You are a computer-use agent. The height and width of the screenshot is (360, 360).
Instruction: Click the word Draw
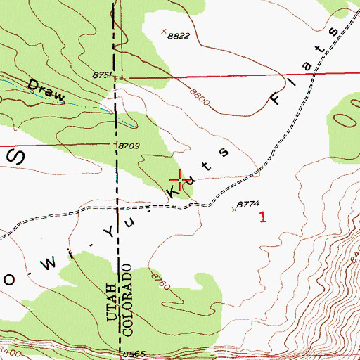tap(46, 90)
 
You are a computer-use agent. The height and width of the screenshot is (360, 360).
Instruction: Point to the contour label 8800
tap(200, 96)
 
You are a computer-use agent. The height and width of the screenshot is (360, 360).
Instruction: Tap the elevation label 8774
tap(248, 204)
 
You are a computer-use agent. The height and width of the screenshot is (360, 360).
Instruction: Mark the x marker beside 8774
tap(235, 209)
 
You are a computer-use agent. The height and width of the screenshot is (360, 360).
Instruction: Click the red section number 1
tap(263, 218)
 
